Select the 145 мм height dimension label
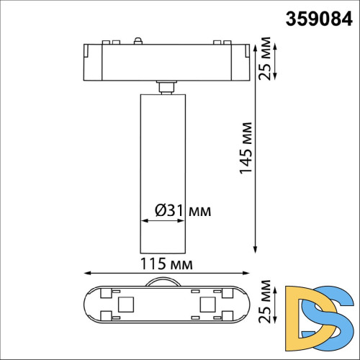click(246, 152)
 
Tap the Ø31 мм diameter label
click(183, 210)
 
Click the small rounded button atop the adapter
click(138, 42)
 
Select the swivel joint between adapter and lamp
click(165, 86)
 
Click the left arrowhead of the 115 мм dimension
click(86, 273)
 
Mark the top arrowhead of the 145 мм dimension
click(256, 42)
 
